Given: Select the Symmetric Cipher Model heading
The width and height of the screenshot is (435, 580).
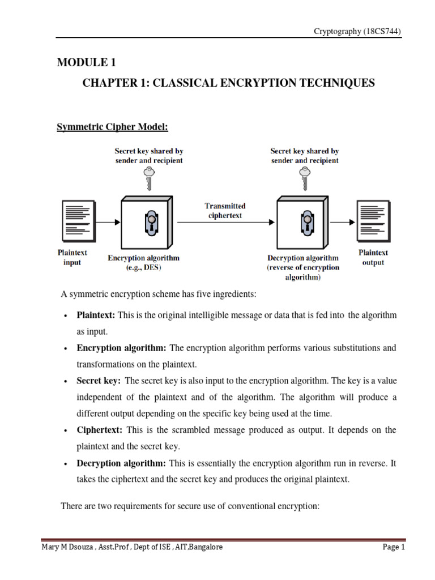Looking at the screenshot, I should pyautogui.click(x=112, y=126).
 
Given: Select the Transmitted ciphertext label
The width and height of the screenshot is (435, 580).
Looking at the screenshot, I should pyautogui.click(x=225, y=211).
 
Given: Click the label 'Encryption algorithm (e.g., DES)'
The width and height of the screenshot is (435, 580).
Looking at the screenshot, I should pyautogui.click(x=143, y=262).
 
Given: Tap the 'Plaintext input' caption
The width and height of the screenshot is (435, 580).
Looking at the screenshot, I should pyautogui.click(x=72, y=257).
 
